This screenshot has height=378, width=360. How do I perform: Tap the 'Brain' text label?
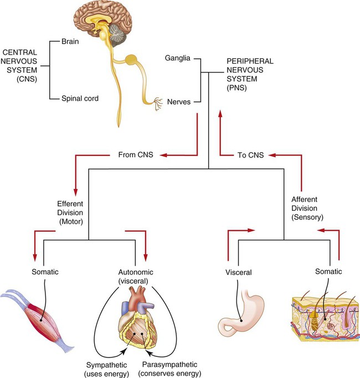point(71,41)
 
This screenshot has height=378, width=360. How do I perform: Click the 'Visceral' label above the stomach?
point(239,272)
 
